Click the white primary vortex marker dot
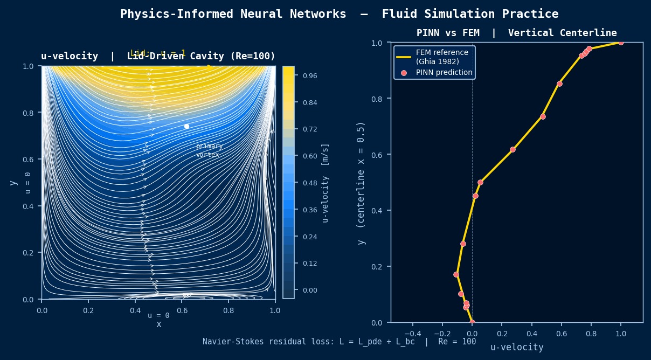(186, 126)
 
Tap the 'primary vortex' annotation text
(209, 150)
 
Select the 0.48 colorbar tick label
(309, 183)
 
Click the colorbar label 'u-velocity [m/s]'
(325, 183)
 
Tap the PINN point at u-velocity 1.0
(621, 41)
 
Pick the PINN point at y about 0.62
(513, 149)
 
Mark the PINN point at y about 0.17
(456, 274)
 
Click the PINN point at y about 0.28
(463, 244)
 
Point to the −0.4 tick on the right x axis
(412, 333)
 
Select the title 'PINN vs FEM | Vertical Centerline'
(516, 33)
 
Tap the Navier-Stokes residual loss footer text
(339, 341)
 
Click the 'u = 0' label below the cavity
(158, 315)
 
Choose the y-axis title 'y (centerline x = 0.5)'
(362, 183)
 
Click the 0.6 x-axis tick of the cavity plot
(182, 310)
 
